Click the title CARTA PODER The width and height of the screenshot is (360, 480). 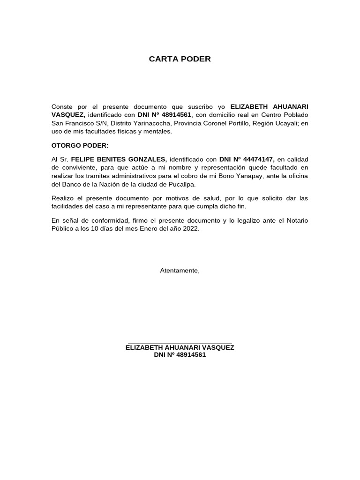tap(180, 59)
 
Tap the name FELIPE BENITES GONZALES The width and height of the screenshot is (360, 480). tap(119, 159)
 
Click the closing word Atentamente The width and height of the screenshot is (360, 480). tap(180, 270)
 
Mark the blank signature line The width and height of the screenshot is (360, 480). tap(180, 343)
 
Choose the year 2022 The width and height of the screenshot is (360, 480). tap(189, 229)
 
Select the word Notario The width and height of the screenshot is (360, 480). tap(297, 220)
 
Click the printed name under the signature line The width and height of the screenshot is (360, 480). tap(180, 347)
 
